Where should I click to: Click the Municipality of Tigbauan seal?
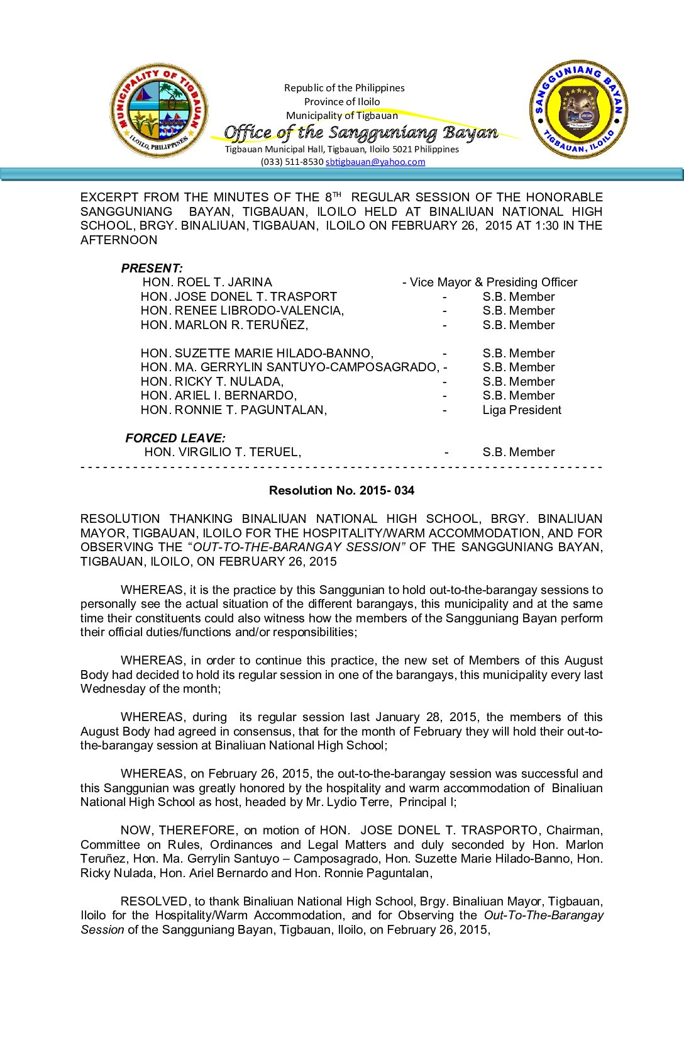pyautogui.click(x=160, y=111)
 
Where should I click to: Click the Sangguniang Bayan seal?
pyautogui.click(x=578, y=109)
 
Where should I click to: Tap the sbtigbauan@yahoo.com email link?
pyautogui.click(x=375, y=162)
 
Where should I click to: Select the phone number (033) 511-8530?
pyautogui.click(x=292, y=162)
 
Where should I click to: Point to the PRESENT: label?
pyautogui.click(x=152, y=268)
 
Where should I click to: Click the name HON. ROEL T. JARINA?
pyautogui.click(x=207, y=283)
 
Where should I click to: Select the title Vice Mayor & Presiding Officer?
pyautogui.click(x=493, y=283)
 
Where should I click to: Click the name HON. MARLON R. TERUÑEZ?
pyautogui.click(x=224, y=325)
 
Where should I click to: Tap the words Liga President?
pyautogui.click(x=522, y=410)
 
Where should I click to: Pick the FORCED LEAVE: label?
pyautogui.click(x=175, y=438)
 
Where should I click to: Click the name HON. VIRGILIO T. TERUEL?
pyautogui.click(x=223, y=452)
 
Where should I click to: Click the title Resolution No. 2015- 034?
pyautogui.click(x=341, y=491)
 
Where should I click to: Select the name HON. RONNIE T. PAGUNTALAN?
pyautogui.click(x=233, y=410)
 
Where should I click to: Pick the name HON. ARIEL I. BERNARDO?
pyautogui.click(x=218, y=396)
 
